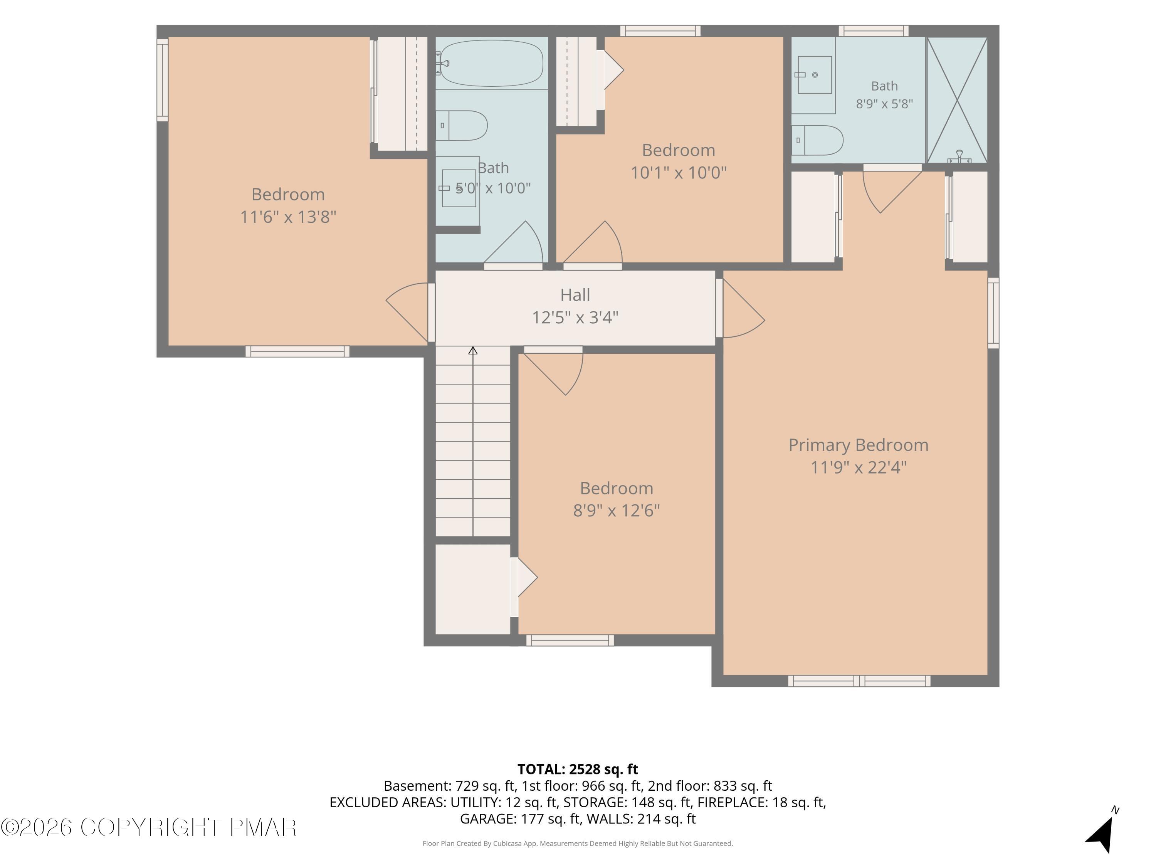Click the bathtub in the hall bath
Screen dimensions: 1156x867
click(491, 63)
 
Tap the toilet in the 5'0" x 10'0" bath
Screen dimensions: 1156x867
click(462, 125)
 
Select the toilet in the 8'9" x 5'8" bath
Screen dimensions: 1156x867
click(817, 140)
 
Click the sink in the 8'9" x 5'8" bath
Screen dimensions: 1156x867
click(814, 75)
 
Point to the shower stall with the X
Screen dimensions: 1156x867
click(957, 100)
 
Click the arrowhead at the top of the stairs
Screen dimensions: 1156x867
click(473, 351)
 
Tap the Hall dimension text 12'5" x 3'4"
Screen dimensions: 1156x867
click(575, 317)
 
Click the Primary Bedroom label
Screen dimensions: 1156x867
click(858, 445)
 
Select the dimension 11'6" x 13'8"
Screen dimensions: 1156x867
click(288, 216)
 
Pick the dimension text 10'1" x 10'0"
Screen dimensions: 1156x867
click(678, 173)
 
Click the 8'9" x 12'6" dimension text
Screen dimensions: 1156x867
click(616, 510)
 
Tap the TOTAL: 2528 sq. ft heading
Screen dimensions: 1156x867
click(578, 769)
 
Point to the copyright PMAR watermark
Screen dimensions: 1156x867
click(149, 827)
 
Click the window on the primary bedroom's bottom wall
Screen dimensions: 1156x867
click(859, 681)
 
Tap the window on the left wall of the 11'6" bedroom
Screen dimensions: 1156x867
click(163, 80)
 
